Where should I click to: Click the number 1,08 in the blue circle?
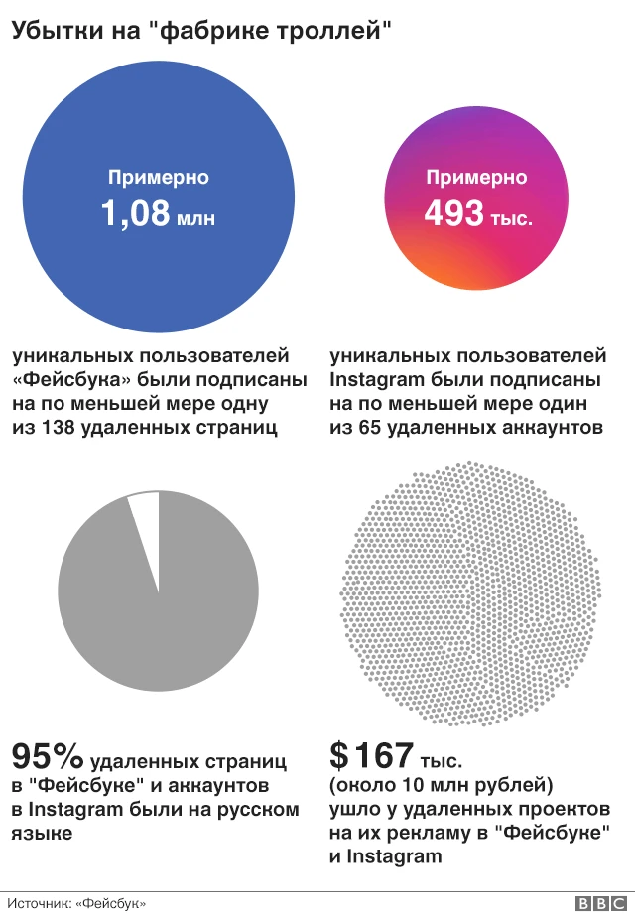click(x=135, y=214)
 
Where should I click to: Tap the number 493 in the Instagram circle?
click(x=453, y=214)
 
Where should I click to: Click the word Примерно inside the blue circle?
click(x=159, y=178)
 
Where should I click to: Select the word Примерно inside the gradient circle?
click(x=476, y=178)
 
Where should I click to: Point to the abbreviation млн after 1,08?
click(x=195, y=218)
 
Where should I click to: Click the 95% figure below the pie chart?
click(x=47, y=758)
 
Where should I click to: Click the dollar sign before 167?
click(x=339, y=758)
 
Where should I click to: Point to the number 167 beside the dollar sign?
click(x=385, y=758)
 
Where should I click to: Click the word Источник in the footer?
click(x=38, y=903)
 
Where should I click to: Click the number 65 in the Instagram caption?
click(x=370, y=429)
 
